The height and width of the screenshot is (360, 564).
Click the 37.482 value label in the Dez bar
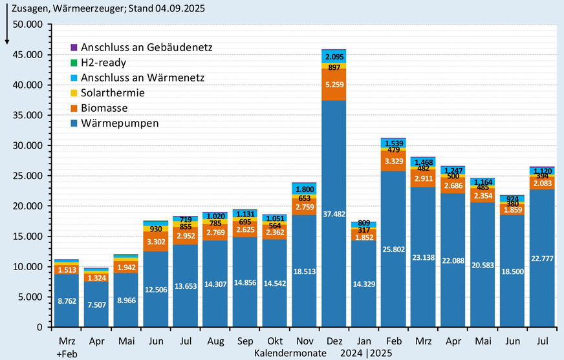334,215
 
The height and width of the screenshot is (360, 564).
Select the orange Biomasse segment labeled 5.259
334,85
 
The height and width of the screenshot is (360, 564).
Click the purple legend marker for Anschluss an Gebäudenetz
74,48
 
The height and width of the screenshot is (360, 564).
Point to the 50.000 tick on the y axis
28,24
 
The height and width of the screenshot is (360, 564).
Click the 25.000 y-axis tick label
28,176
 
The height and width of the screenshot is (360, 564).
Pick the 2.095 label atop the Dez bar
334,57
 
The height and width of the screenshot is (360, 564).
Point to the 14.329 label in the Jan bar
363,283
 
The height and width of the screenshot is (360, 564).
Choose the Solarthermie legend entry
113,92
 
